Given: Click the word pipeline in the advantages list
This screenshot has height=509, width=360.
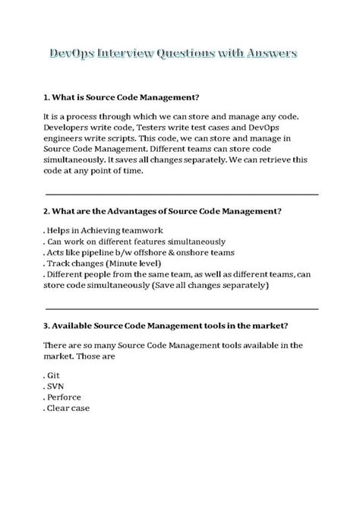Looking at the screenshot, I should pyautogui.click(x=98, y=251).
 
